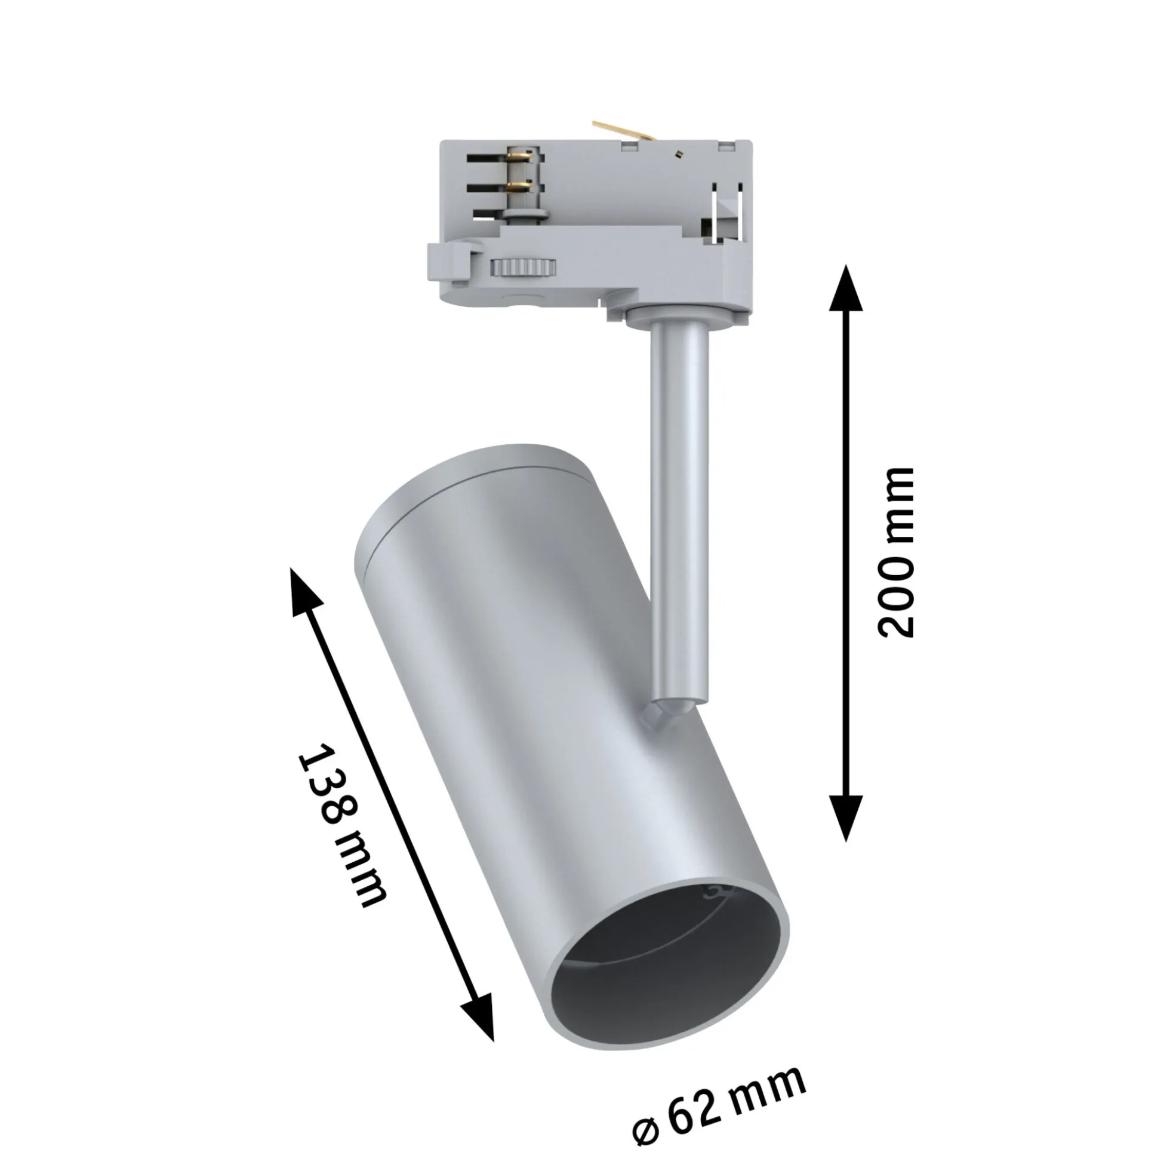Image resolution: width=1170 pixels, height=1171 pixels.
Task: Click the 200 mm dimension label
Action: [x=895, y=552]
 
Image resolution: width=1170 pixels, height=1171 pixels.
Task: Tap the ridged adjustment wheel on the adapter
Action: [x=524, y=267]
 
